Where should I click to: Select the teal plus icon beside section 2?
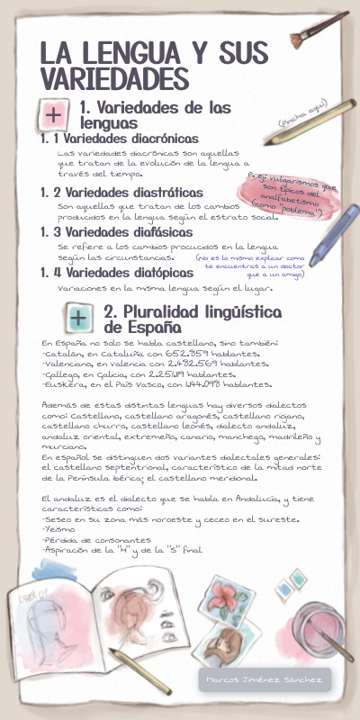[x=78, y=318]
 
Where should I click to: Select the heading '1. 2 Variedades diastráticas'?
[x=121, y=193]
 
